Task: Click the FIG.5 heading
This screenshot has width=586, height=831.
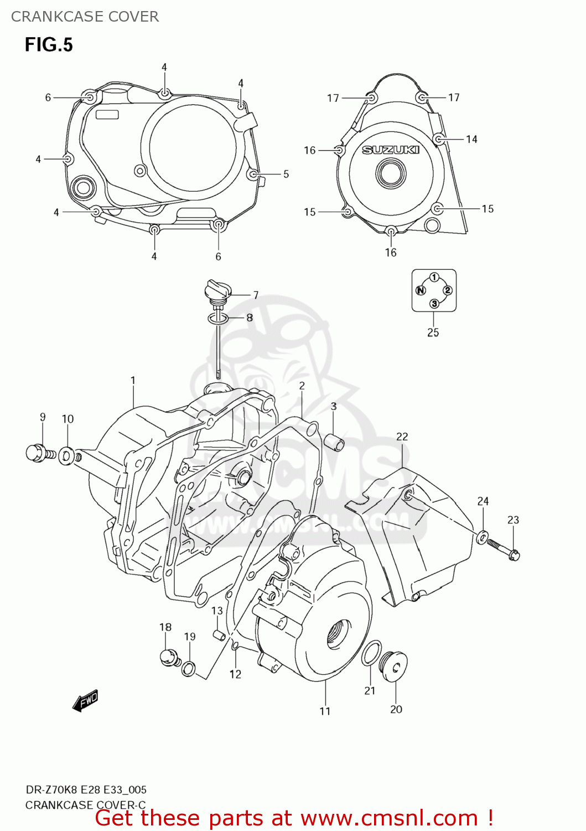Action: point(49,45)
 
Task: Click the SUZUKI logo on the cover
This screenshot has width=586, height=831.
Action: point(391,150)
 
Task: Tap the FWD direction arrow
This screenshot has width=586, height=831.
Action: point(85,700)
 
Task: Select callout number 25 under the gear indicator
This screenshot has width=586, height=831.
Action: point(433,332)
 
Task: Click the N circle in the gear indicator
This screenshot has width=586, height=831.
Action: point(421,290)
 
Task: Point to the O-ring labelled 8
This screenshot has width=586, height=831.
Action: point(218,318)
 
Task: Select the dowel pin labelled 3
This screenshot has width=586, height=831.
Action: point(334,443)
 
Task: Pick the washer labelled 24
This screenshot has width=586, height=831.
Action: point(482,536)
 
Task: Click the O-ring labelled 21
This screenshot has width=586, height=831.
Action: point(371,653)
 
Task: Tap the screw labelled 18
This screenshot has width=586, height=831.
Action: point(168,657)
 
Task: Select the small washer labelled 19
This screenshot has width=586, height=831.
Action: point(189,669)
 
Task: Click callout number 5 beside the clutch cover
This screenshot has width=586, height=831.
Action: point(286,174)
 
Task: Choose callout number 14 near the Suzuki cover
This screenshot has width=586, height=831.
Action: point(471,139)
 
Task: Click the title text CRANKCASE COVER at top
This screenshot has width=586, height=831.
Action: point(85,17)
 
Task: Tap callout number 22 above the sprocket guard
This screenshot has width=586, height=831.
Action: point(402,437)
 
